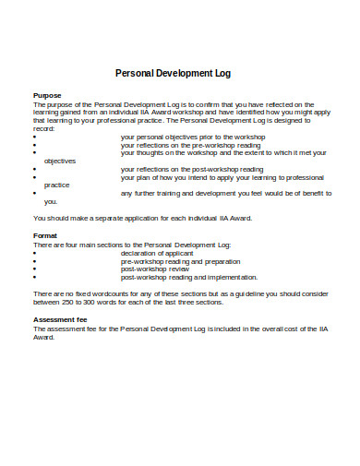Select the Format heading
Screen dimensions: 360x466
45,235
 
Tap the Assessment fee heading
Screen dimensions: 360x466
60,318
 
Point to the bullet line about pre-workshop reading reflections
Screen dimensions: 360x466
197,144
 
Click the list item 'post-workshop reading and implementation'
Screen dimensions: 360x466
188,277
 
